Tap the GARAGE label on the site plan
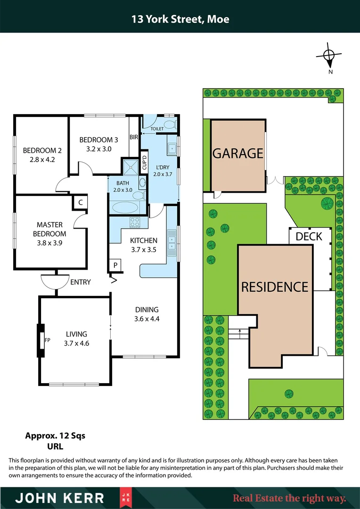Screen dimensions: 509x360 pyautogui.click(x=237, y=153)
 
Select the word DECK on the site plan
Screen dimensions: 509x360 pyautogui.click(x=309, y=236)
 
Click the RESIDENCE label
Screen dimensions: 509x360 pyautogui.click(x=275, y=287)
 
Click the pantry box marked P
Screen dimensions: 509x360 pyautogui.click(x=115, y=266)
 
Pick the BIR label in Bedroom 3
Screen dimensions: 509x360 pyautogui.click(x=133, y=138)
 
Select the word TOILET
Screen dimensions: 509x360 pyautogui.click(x=157, y=128)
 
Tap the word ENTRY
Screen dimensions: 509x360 pyautogui.click(x=80, y=282)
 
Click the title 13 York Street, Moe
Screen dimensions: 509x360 pyautogui.click(x=180, y=19)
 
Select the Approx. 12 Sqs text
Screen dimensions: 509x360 pyautogui.click(x=55, y=436)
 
